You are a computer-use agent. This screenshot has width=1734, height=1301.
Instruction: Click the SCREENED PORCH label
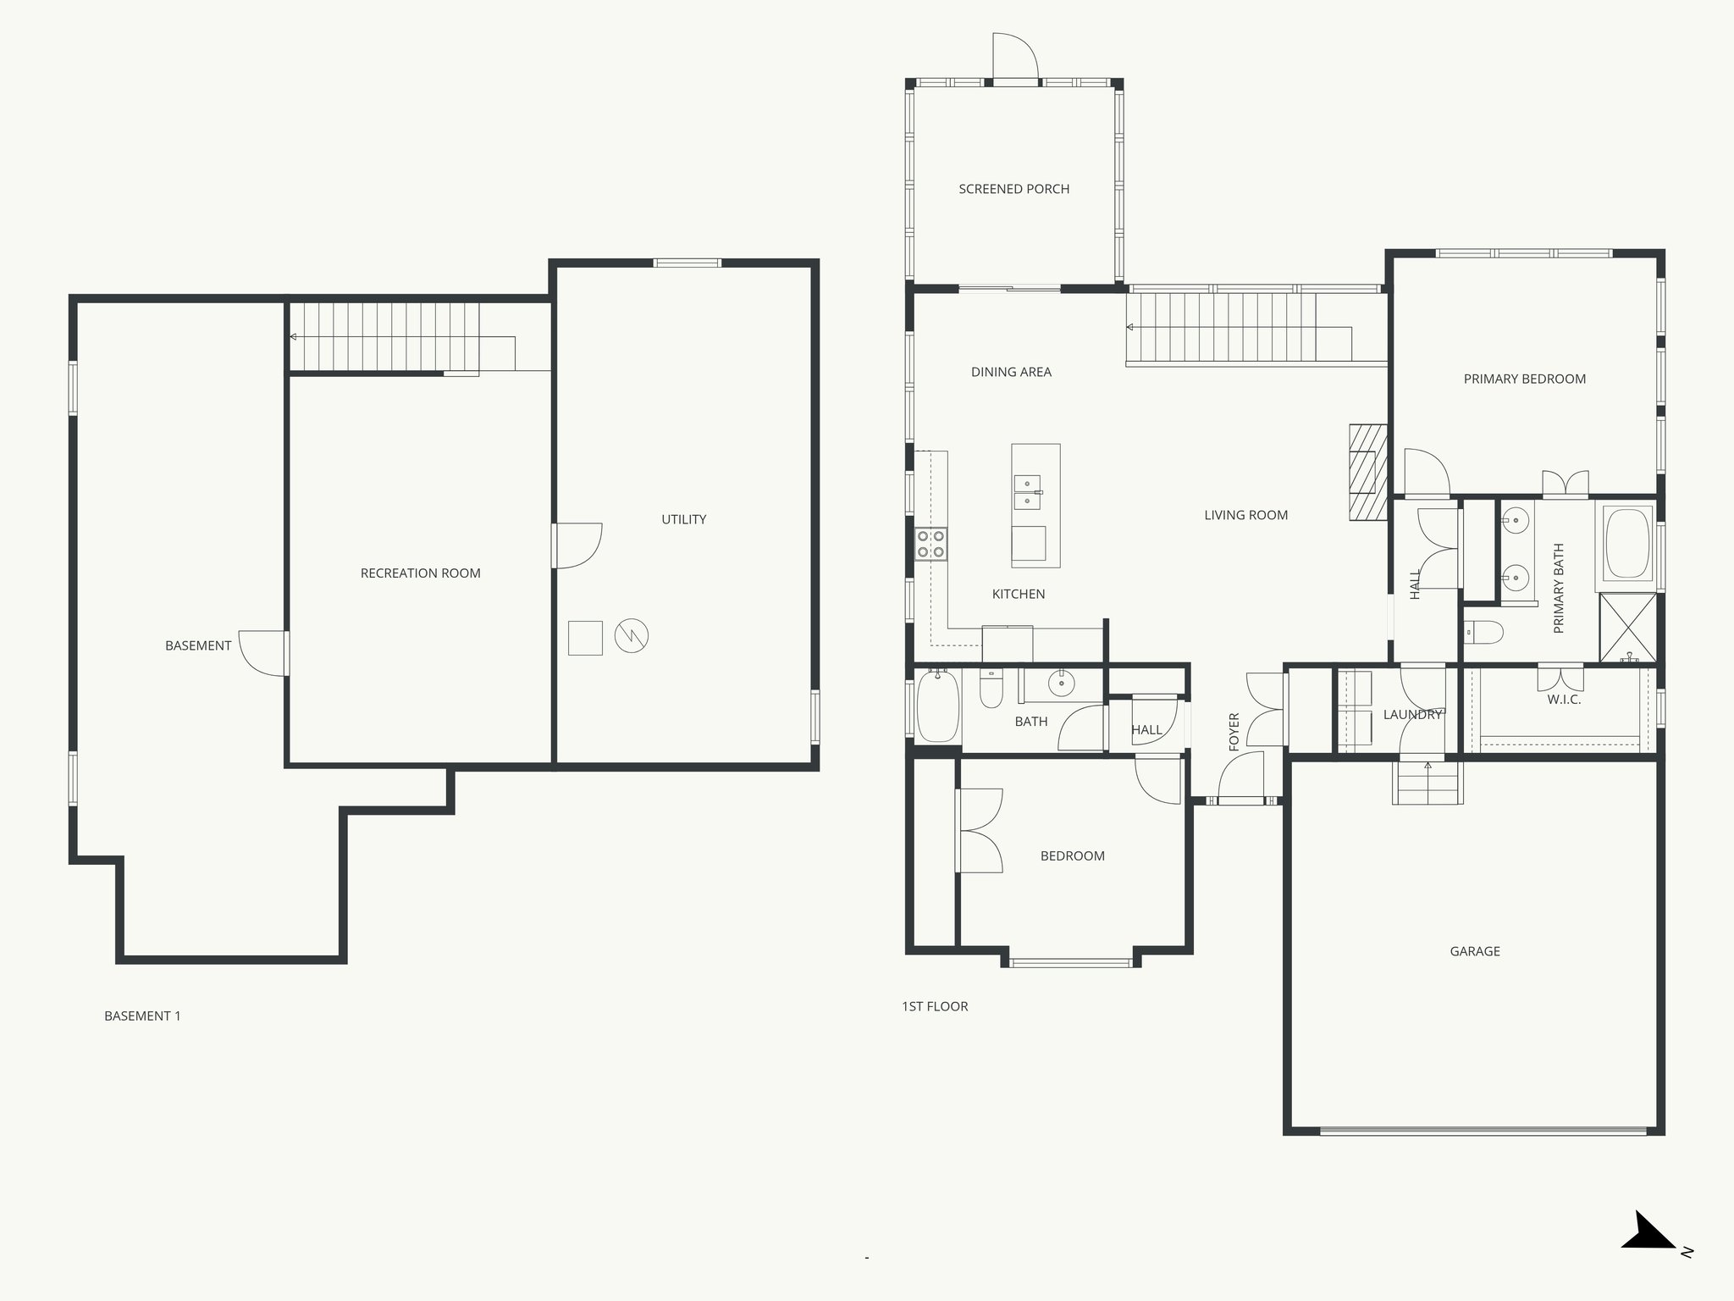1013,189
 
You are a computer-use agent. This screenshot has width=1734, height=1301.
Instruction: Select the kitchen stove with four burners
931,544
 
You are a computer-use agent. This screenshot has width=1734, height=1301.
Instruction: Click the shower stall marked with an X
1627,628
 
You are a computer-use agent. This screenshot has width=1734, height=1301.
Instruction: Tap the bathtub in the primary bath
1626,543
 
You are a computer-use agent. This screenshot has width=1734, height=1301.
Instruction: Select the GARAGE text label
1474,951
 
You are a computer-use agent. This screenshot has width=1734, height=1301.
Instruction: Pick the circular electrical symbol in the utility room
631,636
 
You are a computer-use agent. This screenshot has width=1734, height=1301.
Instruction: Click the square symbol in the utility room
585,638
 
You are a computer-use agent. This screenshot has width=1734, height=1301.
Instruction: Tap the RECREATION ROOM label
420,573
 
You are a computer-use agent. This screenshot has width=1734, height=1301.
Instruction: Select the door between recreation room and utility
576,545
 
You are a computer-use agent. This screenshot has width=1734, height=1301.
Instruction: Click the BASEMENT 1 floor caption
142,1016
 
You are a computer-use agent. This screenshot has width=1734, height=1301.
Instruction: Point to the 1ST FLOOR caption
935,1006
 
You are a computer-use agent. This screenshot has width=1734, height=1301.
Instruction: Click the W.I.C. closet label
1563,700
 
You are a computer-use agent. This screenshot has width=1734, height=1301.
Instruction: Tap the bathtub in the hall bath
937,706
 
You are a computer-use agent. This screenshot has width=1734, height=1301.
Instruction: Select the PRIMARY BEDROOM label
1524,379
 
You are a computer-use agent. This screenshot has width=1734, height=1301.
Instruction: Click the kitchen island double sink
1027,492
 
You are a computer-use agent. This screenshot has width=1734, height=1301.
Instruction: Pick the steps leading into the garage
1428,783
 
